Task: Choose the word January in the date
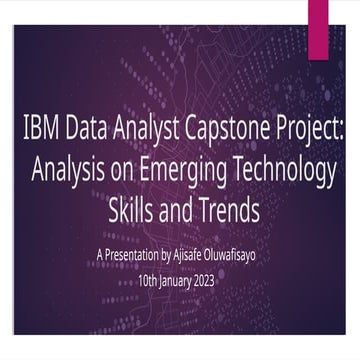190,281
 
